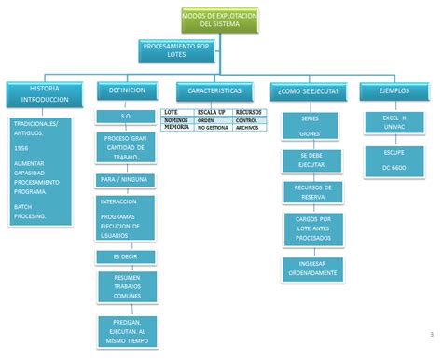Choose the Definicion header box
point(127,90)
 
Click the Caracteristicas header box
point(214,90)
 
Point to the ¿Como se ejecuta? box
point(308,90)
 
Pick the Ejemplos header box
point(394,90)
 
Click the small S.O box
point(126,116)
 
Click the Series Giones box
point(310,127)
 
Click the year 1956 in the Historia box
point(22,146)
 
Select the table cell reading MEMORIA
point(176,127)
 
